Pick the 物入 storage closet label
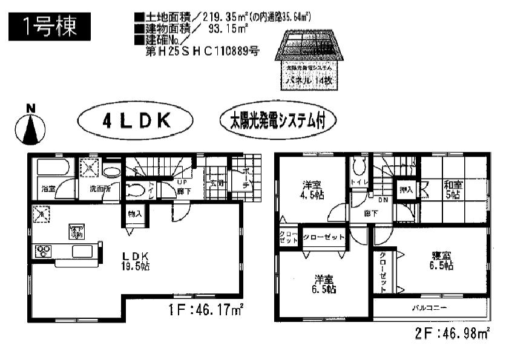[x=134, y=214]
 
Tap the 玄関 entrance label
[x=217, y=183]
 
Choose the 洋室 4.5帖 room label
[x=312, y=190]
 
